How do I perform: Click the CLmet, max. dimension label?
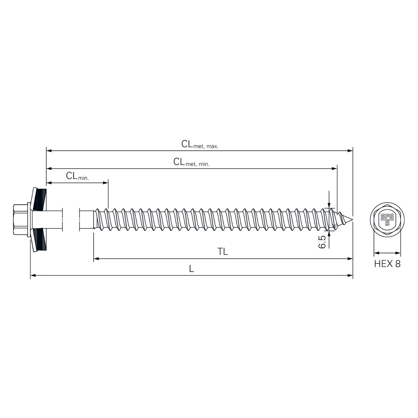coord(200,144)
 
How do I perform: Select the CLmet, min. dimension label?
coord(191,162)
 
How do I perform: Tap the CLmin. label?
coord(77,176)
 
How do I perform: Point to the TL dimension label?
coord(223,252)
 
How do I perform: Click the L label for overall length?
coord(191,269)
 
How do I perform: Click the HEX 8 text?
coord(387,264)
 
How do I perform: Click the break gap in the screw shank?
coord(71,220)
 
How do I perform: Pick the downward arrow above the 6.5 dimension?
coord(329,205)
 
